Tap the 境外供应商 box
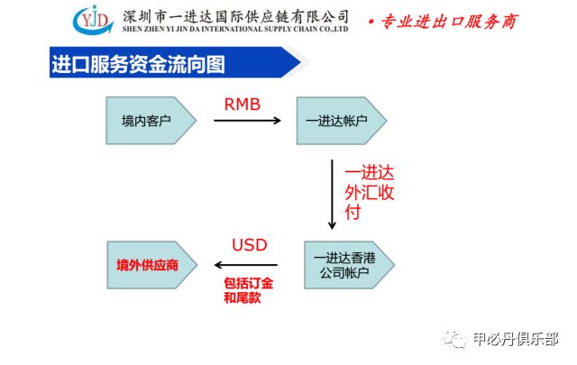(x=148, y=265)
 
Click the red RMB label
(x=242, y=105)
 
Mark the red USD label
(x=250, y=245)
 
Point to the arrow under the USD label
(x=246, y=265)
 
